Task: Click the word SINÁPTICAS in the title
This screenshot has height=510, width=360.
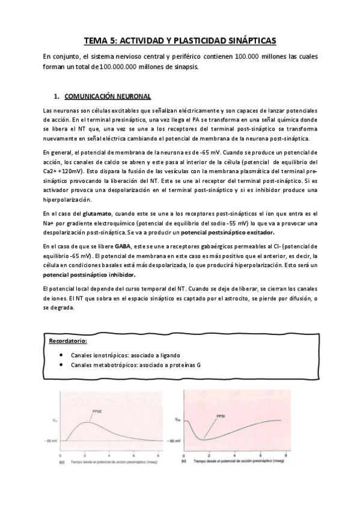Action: (x=247, y=41)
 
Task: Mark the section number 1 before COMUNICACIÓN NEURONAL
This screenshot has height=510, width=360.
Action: (x=56, y=96)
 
